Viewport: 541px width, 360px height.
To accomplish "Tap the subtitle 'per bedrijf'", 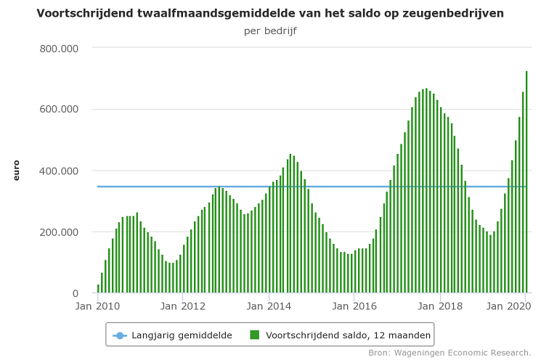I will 270,31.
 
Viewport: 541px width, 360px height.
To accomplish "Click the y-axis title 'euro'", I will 17,171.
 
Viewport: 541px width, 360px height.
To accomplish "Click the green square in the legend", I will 255,335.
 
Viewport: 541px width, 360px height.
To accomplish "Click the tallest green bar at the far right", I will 526,181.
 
